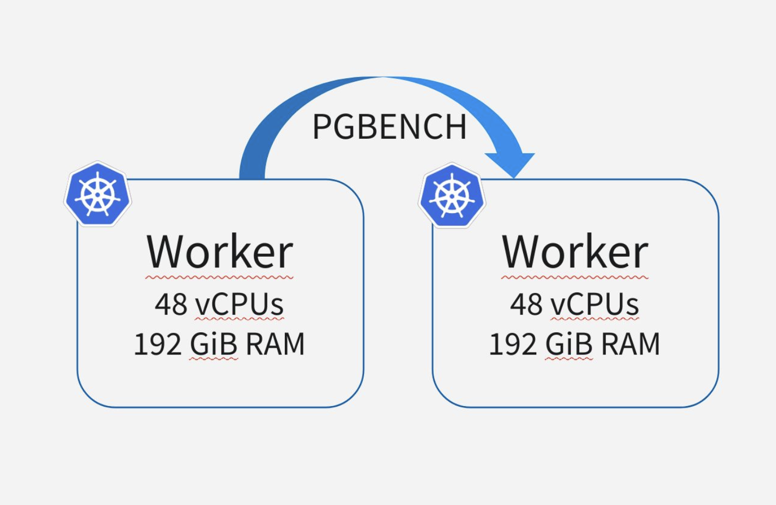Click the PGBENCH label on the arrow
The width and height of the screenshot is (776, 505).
[389, 127]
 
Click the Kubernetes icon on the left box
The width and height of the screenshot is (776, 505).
[97, 194]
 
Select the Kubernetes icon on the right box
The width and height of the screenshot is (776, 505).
[452, 195]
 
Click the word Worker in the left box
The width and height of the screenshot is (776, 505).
[220, 252]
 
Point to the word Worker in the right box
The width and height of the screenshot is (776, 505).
[575, 252]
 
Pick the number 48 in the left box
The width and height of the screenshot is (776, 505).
[171, 305]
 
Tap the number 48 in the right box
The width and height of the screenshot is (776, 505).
[526, 305]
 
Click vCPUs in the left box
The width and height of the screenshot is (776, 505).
[239, 305]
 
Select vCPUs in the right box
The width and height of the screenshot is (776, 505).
[594, 305]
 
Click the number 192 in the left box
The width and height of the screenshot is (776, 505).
[157, 344]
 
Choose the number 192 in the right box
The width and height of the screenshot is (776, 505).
[512, 344]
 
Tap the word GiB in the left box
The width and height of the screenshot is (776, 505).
[214, 344]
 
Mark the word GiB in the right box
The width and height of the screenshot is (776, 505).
[569, 344]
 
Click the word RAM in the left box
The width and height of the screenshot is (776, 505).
[275, 344]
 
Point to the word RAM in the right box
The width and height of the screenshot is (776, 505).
[630, 344]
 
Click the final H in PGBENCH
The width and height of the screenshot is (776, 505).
[456, 127]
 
